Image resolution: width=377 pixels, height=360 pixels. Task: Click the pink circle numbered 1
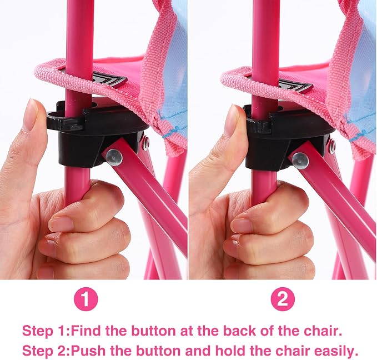click(86, 299)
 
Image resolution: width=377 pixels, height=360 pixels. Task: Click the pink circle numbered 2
click(283, 299)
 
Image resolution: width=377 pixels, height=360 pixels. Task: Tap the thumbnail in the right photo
click(232, 119)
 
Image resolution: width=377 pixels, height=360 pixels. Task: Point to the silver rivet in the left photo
click(114, 157)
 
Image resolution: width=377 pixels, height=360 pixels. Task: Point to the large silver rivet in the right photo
click(300, 161)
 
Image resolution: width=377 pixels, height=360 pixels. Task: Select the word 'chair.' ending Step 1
click(323, 331)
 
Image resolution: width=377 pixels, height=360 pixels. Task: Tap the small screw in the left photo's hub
click(146, 143)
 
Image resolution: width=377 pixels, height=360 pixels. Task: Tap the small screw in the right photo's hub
click(333, 146)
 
